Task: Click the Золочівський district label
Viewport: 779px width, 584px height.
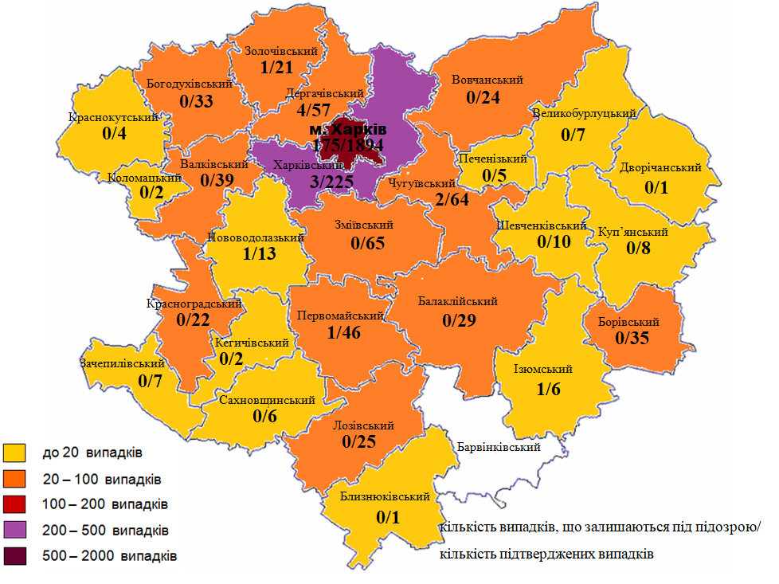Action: pos(281,51)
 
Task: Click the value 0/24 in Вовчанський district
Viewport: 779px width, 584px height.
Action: pos(482,98)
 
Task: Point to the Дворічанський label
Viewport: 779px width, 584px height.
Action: pos(660,168)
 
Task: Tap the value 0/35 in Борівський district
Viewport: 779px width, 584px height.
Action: pos(632,339)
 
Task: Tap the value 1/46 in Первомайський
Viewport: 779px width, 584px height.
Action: pos(343,331)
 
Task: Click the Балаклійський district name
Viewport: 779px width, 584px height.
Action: pos(458,301)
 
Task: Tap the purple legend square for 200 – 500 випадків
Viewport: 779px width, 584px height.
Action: pos(15,529)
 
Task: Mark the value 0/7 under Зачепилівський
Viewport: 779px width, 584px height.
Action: pos(150,381)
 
